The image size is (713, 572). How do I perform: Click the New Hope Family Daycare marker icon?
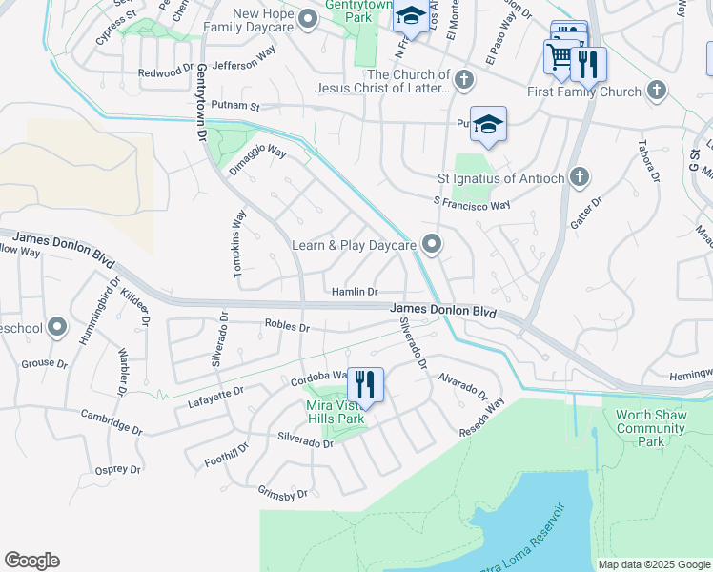[x=307, y=19]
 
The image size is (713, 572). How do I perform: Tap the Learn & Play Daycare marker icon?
[x=432, y=245]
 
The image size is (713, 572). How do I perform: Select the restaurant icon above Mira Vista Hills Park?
[x=365, y=385]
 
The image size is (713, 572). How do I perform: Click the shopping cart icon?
[x=560, y=57]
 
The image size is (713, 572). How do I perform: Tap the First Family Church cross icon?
[x=655, y=92]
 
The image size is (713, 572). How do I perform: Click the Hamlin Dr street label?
[x=355, y=292]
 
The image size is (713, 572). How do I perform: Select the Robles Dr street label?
[x=287, y=327]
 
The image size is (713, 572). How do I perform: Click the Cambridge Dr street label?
[x=112, y=421]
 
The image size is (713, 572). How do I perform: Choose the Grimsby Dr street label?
[x=283, y=494]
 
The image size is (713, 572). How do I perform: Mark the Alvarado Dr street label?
[x=462, y=386]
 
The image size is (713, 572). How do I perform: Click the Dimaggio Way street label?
[x=257, y=159]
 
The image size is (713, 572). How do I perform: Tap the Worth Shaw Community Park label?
[x=652, y=428]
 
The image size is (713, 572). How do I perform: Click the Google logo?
[x=31, y=561]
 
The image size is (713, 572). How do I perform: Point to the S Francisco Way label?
[x=471, y=203]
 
